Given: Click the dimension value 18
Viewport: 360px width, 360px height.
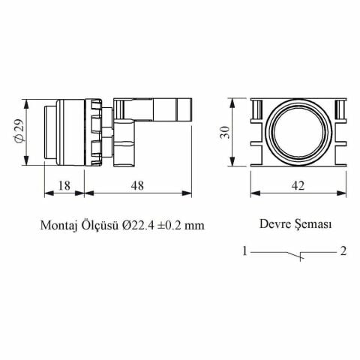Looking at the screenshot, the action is coord(64,186).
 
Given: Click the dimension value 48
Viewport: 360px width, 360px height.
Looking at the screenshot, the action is coord(137,186).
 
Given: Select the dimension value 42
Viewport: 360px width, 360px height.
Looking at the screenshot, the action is coord(298,186).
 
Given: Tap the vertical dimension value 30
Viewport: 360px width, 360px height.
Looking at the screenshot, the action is coord(225,132).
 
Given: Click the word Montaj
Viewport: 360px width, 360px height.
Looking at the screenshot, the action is coord(58,226).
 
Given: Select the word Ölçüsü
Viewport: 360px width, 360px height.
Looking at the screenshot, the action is coord(100,224).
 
